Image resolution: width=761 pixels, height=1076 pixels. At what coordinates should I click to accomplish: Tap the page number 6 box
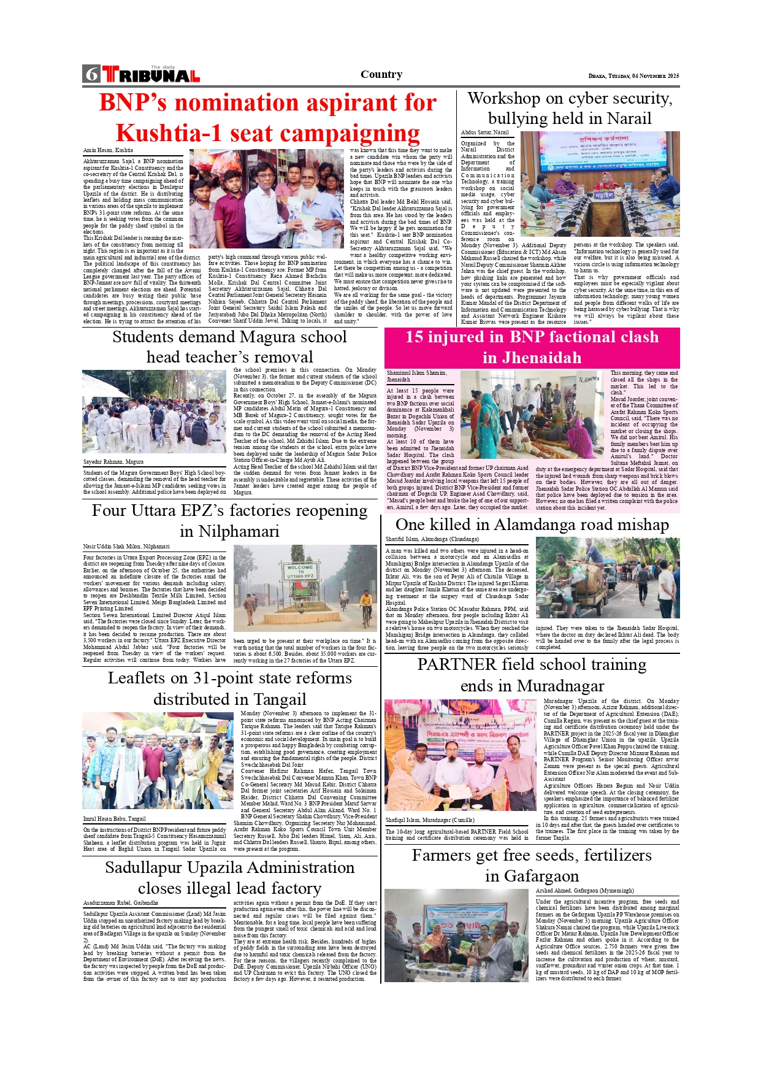coord(91,74)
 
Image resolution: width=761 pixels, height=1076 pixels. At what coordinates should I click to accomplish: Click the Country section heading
coord(381,74)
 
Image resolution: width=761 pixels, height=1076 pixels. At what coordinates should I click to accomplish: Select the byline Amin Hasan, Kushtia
coord(108,150)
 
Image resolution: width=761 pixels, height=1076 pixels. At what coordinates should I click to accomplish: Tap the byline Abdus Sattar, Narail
coord(484,133)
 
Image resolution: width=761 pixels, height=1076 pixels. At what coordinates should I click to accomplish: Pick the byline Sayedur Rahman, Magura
coord(113,461)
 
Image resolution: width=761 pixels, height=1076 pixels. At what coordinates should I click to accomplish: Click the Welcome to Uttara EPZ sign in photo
coord(300,572)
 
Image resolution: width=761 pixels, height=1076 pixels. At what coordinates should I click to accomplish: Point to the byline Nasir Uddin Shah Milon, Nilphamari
coord(126,546)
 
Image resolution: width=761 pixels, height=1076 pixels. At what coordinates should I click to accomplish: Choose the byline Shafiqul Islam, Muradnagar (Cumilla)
coord(429,820)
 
